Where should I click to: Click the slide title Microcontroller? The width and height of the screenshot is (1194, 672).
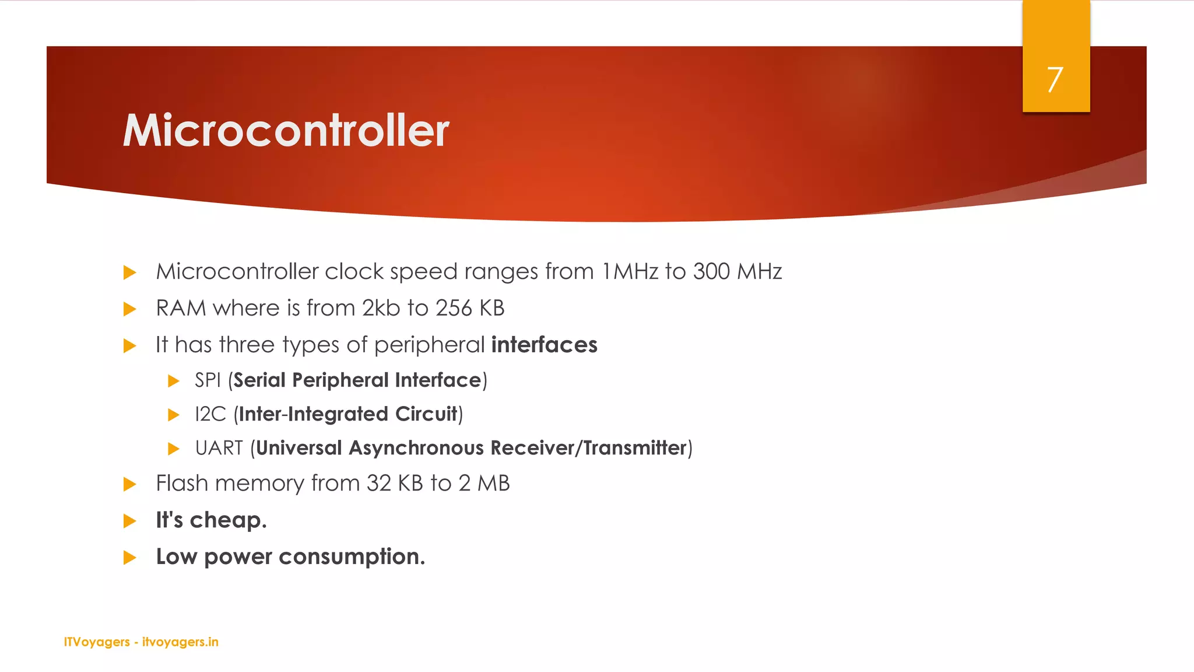tap(286, 130)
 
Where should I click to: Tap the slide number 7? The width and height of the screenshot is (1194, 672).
tap(1055, 79)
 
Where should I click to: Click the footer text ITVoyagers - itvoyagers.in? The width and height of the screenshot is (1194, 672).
tap(141, 642)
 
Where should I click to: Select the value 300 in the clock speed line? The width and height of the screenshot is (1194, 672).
tap(711, 272)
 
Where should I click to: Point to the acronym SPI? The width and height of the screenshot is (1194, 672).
tap(208, 380)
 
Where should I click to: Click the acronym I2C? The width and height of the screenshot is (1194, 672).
tap(210, 414)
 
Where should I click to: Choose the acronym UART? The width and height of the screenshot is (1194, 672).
tap(219, 448)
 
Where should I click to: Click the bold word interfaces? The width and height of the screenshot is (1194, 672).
tap(544, 345)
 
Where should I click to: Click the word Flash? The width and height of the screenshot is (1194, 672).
tap(181, 484)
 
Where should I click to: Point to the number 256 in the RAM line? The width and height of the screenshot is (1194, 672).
tap(454, 308)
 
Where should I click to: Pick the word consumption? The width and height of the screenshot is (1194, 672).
tap(352, 557)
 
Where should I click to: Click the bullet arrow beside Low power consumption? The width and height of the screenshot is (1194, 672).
tap(130, 558)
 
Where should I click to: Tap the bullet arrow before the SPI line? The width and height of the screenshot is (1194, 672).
tap(173, 381)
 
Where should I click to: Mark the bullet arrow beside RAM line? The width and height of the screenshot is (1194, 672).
tap(130, 309)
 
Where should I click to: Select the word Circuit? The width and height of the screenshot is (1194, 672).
tap(426, 414)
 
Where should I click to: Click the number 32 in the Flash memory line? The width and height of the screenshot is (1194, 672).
tap(378, 484)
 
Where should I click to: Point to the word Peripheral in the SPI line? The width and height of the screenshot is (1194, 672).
tap(340, 380)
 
